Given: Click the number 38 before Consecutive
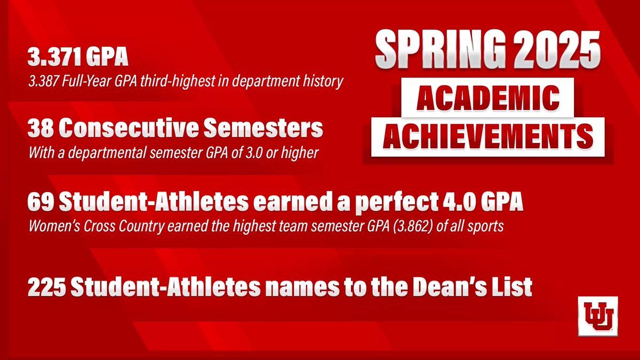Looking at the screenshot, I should [x=42, y=129].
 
